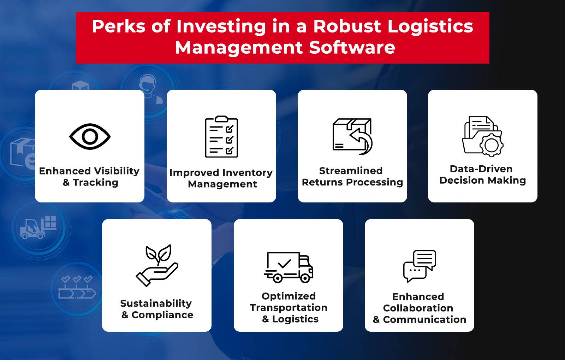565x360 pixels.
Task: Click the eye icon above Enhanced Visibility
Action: coord(90,136)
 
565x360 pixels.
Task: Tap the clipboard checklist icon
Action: coord(221,137)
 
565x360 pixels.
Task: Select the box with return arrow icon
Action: coord(352,136)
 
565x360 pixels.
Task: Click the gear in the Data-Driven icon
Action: coord(491,145)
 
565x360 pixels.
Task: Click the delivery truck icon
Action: coord(289,267)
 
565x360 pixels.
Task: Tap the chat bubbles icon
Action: coord(420,266)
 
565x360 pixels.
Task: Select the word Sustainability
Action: coord(156,303)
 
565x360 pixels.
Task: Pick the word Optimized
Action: coord(289,296)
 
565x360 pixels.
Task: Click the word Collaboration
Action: coord(418,308)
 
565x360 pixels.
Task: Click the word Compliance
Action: coord(162,315)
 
